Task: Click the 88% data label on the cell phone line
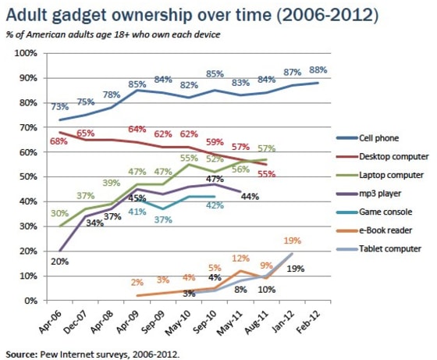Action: (318, 70)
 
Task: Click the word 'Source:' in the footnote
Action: (20, 352)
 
